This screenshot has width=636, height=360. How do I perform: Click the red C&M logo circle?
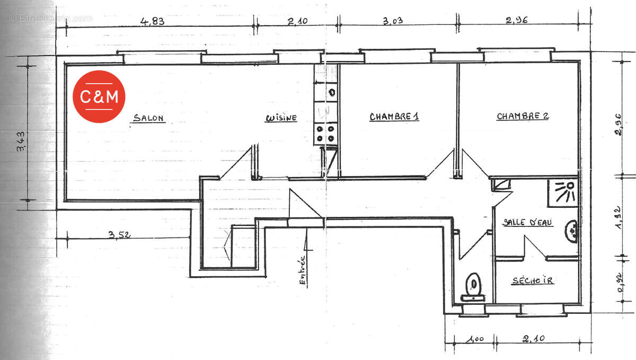[99, 96]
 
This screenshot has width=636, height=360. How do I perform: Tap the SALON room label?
[148, 118]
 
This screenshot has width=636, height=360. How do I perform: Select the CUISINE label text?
[281, 118]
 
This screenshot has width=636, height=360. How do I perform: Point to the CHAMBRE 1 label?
[394, 117]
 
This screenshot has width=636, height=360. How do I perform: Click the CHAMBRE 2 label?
[522, 116]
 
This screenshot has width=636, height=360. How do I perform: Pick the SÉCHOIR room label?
[532, 280]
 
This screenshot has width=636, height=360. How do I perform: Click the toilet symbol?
[473, 285]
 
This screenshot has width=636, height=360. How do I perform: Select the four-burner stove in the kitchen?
[325, 134]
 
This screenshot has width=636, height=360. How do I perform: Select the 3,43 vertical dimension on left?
[20, 142]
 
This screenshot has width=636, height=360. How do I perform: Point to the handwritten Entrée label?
[303, 271]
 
